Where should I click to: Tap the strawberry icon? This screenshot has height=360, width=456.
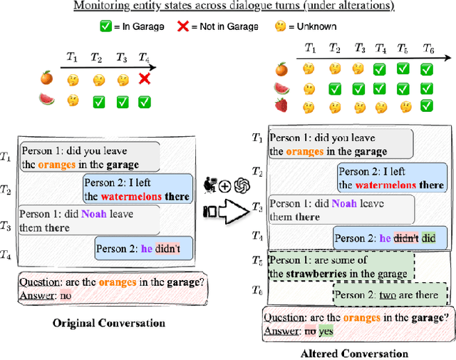pyautogui.click(x=282, y=107)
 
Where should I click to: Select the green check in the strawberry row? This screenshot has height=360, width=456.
pyautogui.click(x=425, y=107)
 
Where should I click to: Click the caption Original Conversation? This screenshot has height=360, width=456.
pyautogui.click(x=109, y=323)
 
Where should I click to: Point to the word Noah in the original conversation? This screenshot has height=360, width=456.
pyautogui.click(x=93, y=213)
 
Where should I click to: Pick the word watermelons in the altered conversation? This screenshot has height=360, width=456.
pyautogui.click(x=386, y=185)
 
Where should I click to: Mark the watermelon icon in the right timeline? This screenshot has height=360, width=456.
pyautogui.click(x=282, y=88)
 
